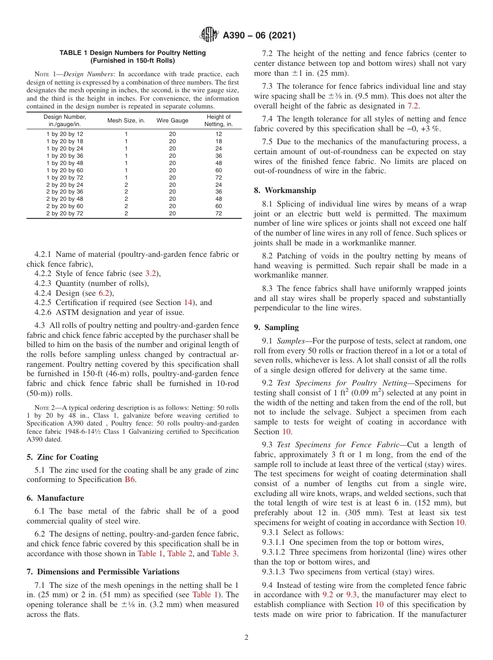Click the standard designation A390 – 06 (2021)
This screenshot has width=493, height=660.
click(259, 36)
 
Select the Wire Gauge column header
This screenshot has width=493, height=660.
click(172, 120)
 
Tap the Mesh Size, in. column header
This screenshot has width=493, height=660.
click(126, 120)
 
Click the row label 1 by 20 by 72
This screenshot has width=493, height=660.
click(65, 177)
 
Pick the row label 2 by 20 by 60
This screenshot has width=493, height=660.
click(65, 206)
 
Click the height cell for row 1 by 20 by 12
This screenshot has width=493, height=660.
click(218, 134)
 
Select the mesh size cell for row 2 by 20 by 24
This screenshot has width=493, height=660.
click(126, 185)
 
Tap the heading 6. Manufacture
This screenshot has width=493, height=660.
click(55, 498)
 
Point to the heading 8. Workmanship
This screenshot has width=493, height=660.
click(285, 190)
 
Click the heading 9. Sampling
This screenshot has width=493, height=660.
click(276, 327)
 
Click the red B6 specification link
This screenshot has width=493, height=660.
click(130, 480)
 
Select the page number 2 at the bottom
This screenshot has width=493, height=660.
click(246, 638)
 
